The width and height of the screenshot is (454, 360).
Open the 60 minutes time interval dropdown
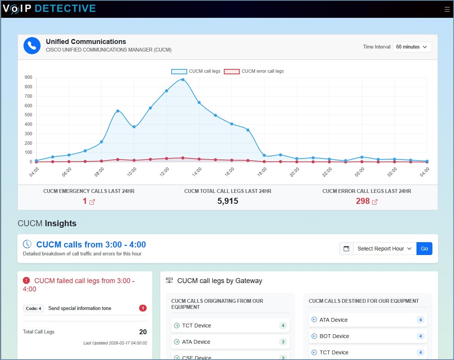(x=412, y=47)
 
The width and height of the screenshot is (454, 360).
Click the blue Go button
(x=424, y=249)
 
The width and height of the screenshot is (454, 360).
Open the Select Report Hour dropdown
(x=384, y=249)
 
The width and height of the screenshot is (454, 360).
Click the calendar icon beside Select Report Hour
(x=346, y=249)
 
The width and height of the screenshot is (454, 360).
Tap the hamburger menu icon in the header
(x=447, y=9)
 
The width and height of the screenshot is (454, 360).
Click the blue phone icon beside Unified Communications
(x=32, y=45)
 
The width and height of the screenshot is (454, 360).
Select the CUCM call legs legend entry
(x=196, y=71)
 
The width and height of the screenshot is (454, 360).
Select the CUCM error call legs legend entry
(x=254, y=71)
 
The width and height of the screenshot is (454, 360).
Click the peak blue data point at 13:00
(x=183, y=80)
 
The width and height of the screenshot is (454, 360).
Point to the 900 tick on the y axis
(x=28, y=77)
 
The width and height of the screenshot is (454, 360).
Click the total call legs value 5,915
(x=228, y=201)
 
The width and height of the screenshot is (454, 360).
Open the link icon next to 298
(x=375, y=202)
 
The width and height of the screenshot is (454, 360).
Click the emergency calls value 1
(x=85, y=201)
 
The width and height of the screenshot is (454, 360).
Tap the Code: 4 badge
(x=33, y=308)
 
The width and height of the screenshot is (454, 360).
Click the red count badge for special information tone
(x=143, y=308)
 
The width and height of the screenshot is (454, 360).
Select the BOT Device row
(x=368, y=336)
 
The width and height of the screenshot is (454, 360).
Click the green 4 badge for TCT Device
(x=283, y=326)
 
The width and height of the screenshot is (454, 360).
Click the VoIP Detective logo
(x=49, y=8)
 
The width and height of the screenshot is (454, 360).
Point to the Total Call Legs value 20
(x=143, y=332)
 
